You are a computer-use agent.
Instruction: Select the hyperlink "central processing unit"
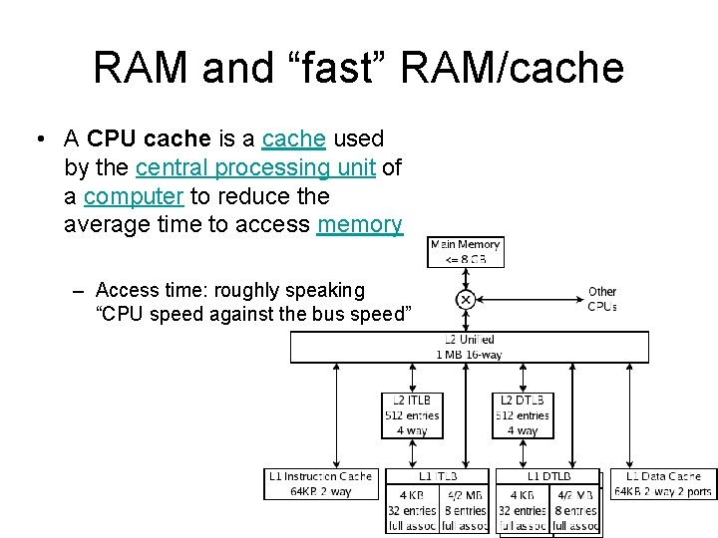(x=255, y=167)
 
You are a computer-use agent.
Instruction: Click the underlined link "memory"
(x=360, y=225)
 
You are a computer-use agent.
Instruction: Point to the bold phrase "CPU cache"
(x=149, y=138)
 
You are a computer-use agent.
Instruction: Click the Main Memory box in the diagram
(x=465, y=252)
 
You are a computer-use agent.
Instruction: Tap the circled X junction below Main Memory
(x=465, y=299)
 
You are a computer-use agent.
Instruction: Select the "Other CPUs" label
(x=602, y=299)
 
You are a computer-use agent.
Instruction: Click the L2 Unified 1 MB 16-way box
(x=469, y=347)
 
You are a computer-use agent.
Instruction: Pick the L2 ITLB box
(x=411, y=414)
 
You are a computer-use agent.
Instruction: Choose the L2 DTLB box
(x=523, y=414)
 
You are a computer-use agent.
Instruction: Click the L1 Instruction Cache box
(x=319, y=483)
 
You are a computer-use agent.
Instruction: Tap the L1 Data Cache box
(x=663, y=483)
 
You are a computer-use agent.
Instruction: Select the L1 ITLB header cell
(x=437, y=477)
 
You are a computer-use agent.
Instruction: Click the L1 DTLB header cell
(x=548, y=477)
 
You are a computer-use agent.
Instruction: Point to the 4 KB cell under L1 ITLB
(x=411, y=510)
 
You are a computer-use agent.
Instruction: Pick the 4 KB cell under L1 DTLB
(x=523, y=510)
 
